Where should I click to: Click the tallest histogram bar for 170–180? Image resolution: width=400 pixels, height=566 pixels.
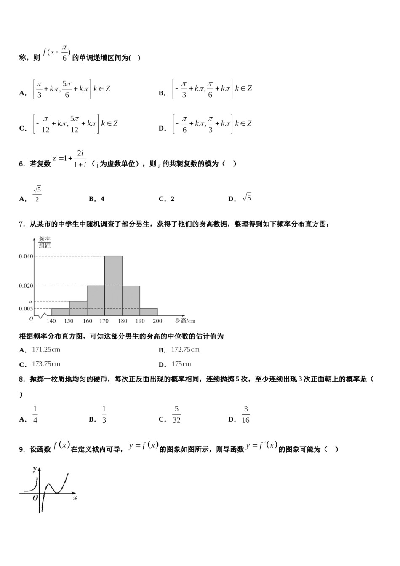click(x=113, y=286)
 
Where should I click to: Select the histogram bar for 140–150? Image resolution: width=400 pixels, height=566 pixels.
click(x=60, y=312)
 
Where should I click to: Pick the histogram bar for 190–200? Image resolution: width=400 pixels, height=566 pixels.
click(x=149, y=312)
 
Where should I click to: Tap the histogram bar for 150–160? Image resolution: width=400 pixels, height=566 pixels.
click(x=78, y=308)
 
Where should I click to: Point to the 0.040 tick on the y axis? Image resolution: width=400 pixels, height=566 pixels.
click(x=26, y=256)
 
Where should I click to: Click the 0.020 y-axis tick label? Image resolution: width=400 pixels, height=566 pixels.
click(x=26, y=286)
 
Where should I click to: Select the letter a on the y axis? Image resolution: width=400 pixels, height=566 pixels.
click(x=30, y=301)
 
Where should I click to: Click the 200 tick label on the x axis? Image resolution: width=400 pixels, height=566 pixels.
click(x=157, y=321)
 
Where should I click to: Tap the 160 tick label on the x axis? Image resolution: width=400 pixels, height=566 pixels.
click(x=87, y=321)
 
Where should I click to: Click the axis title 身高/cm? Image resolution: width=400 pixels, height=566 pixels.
click(x=185, y=321)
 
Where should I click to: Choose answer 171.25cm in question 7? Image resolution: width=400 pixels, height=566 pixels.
click(x=46, y=350)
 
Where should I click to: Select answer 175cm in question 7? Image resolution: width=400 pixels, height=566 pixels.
click(x=181, y=364)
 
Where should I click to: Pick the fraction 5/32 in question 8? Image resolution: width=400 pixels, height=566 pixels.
click(x=176, y=415)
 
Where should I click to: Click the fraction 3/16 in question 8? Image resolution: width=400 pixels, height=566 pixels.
click(x=246, y=415)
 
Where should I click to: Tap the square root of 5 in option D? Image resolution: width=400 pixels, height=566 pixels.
click(x=247, y=198)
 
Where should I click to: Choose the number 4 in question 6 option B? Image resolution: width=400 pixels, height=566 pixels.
click(x=102, y=199)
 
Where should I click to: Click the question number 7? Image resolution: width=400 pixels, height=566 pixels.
click(x=21, y=224)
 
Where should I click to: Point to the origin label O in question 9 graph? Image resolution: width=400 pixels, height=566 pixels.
click(x=35, y=498)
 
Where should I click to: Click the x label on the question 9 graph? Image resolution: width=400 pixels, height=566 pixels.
click(x=75, y=498)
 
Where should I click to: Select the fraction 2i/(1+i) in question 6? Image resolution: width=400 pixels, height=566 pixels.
click(x=80, y=159)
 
